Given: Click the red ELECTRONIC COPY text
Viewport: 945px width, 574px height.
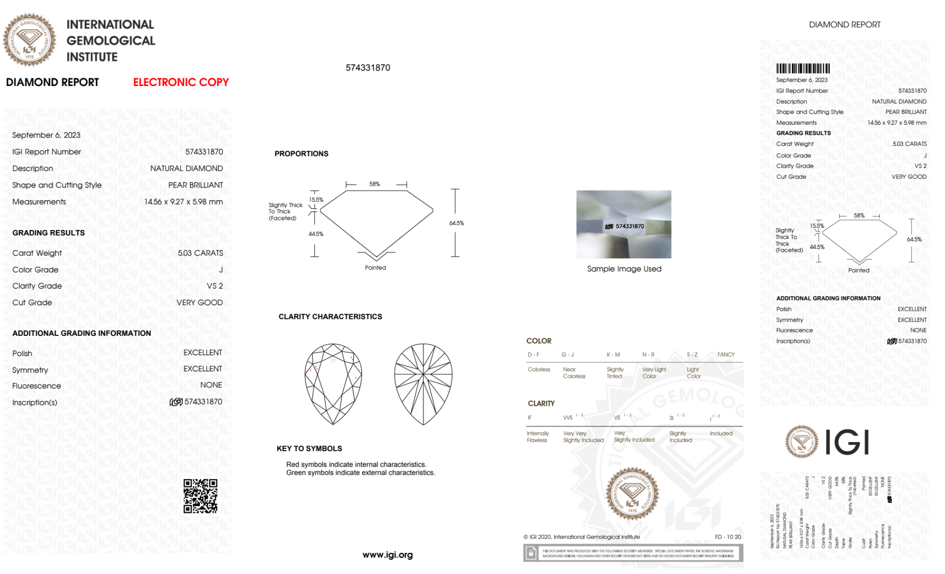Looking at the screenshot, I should point(181,82).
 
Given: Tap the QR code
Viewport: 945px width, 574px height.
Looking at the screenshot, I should point(200,496).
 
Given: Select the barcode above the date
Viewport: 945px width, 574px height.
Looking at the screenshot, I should point(803,69).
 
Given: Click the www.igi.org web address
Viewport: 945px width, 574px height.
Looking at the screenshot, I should point(387,555).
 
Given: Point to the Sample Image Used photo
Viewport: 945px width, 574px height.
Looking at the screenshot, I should point(623,224).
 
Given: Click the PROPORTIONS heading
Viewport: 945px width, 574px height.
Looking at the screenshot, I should point(301,154).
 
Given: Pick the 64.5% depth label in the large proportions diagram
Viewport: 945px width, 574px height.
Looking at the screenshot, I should point(456,223).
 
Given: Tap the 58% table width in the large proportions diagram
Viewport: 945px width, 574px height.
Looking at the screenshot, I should point(375,184).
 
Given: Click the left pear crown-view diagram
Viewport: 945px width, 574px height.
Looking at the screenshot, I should point(333,384).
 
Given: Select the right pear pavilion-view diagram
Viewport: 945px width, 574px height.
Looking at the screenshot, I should point(423,384).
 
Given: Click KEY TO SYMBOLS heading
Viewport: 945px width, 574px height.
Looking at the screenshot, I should point(309,448).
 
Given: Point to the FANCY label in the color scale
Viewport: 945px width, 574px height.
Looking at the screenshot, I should point(726,354).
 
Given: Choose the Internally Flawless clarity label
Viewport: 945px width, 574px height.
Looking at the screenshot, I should point(537,437).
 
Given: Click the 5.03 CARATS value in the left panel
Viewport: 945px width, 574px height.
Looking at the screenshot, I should point(200,253).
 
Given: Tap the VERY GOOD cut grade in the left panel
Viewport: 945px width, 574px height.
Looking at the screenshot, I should point(199,302).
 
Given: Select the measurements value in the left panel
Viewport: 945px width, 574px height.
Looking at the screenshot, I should point(183,202).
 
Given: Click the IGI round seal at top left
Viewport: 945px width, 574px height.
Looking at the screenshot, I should point(29,40).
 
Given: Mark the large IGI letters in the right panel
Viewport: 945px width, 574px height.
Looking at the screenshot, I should point(847,443).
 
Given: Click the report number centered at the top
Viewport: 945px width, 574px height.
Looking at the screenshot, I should point(368,68).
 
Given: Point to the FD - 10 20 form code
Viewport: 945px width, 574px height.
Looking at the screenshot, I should point(728,537).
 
